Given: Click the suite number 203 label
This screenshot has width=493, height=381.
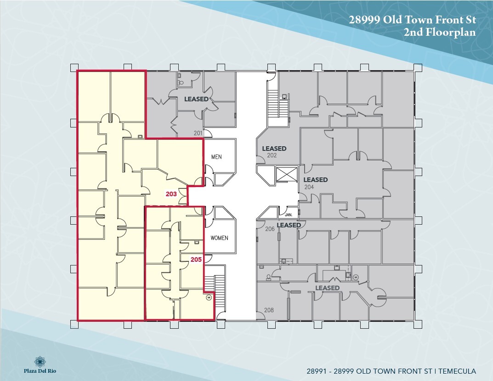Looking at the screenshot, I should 171,194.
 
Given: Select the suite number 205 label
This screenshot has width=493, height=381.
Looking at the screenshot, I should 196,259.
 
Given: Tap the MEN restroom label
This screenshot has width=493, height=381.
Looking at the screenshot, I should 216,157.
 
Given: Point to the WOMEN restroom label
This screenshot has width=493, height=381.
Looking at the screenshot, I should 219,238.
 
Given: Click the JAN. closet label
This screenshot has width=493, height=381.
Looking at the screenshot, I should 289,215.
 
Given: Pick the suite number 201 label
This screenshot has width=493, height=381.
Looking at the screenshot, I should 198,133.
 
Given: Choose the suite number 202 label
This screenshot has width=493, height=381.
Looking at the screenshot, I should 272,155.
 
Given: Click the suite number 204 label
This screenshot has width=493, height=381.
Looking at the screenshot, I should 309,187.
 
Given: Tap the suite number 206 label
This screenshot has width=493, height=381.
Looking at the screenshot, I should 270,229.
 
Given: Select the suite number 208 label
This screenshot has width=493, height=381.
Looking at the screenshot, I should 269,310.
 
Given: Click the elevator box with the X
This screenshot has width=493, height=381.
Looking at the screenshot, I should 284,175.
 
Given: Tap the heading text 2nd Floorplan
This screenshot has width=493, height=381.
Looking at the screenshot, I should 440,32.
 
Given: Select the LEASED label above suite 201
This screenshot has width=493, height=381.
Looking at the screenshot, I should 196,99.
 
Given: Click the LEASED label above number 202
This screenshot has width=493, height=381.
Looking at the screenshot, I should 274,149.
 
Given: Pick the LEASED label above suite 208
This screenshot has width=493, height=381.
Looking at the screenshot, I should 327,288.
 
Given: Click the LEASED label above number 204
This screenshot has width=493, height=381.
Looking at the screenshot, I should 315,180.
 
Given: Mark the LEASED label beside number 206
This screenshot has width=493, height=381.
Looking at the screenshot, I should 289,225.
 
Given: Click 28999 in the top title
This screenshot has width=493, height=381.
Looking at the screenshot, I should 367,20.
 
